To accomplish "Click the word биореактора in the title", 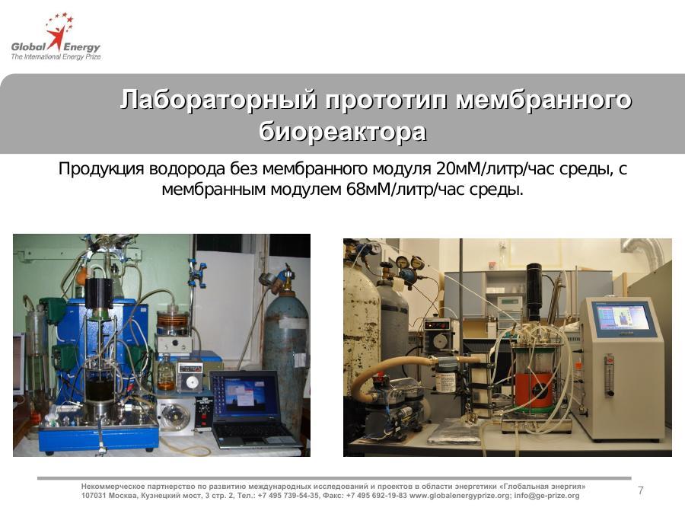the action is (x=342, y=131).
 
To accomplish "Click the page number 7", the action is (x=640, y=490).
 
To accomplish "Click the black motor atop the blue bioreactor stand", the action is (x=99, y=293).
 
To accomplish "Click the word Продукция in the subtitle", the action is (x=101, y=169).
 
